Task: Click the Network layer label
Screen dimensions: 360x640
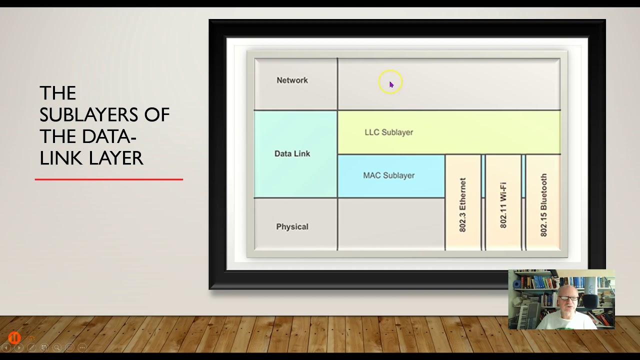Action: tap(292, 80)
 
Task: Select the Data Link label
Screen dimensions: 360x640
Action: tap(292, 153)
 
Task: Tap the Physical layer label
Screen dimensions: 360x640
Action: tap(292, 227)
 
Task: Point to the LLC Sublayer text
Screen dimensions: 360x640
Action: tap(388, 132)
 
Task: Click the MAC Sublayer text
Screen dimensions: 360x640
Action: tap(388, 175)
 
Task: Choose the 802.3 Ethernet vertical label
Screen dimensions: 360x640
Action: tap(462, 205)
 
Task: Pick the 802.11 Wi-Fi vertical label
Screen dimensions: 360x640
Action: tap(503, 205)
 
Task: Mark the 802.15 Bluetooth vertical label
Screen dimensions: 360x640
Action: tap(543, 205)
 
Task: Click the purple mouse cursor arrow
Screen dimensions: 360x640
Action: tap(391, 84)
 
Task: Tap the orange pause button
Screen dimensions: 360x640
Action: tap(14, 338)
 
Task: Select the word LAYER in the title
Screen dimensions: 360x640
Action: tap(117, 158)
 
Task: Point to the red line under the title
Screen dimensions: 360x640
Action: tap(109, 179)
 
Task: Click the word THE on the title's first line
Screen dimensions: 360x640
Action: tap(57, 93)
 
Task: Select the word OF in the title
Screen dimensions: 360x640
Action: tap(157, 114)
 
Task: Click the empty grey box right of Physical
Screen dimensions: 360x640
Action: tap(391, 224)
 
